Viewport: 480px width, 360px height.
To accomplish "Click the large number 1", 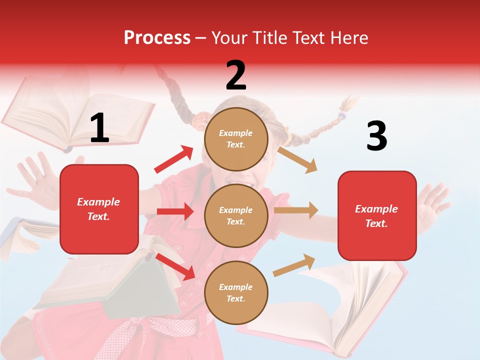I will pos(99,128).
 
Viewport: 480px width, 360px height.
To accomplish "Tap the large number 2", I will pos(236,75).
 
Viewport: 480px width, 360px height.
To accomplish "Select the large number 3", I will pos(376,136).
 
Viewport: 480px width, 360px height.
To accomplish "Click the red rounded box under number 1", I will pos(99,209).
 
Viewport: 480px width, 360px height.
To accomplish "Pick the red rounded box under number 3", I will pos(377,216).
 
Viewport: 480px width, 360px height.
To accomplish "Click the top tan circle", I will pos(236,138).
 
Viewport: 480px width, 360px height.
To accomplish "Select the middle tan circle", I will pos(236,215).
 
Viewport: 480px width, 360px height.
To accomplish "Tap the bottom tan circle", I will pos(236,292).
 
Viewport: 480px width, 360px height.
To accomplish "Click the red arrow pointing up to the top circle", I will pos(174,159).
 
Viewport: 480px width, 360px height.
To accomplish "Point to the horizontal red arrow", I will pos(175,211).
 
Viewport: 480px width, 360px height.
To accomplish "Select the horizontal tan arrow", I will pos(296,210).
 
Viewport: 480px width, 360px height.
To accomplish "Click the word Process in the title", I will pos(157,37).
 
